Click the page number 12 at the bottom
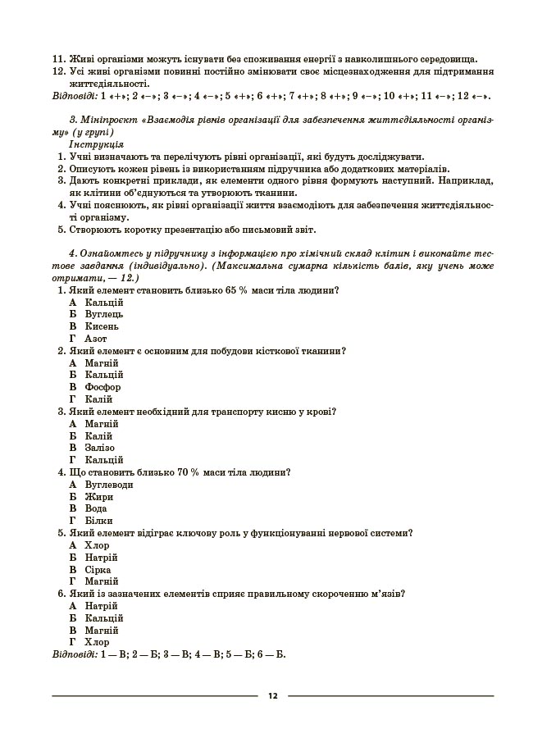pos(272,696)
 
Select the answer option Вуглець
pos(103,314)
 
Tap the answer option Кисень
pos(102,326)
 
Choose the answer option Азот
pos(96,339)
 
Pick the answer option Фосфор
pos(102,387)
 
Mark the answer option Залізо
pos(100,448)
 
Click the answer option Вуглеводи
pos(109,485)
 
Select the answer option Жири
pos(98,497)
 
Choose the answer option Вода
pos(96,508)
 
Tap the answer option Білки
pos(98,521)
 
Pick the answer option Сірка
pos(98,569)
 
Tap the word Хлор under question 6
pos(97,642)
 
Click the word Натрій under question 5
pos(102,558)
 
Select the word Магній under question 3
pos(102,424)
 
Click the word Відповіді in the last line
pos(71,654)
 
